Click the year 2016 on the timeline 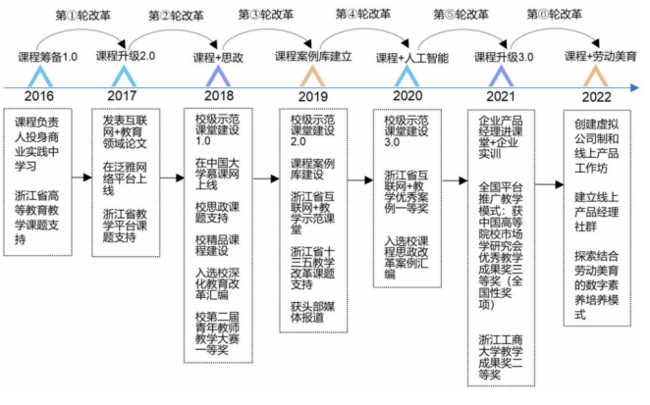coord(38,96)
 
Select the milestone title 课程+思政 coord(218,58)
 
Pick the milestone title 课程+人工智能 coord(412,58)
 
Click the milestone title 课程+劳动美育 coord(600,57)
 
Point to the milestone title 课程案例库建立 coord(313,57)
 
